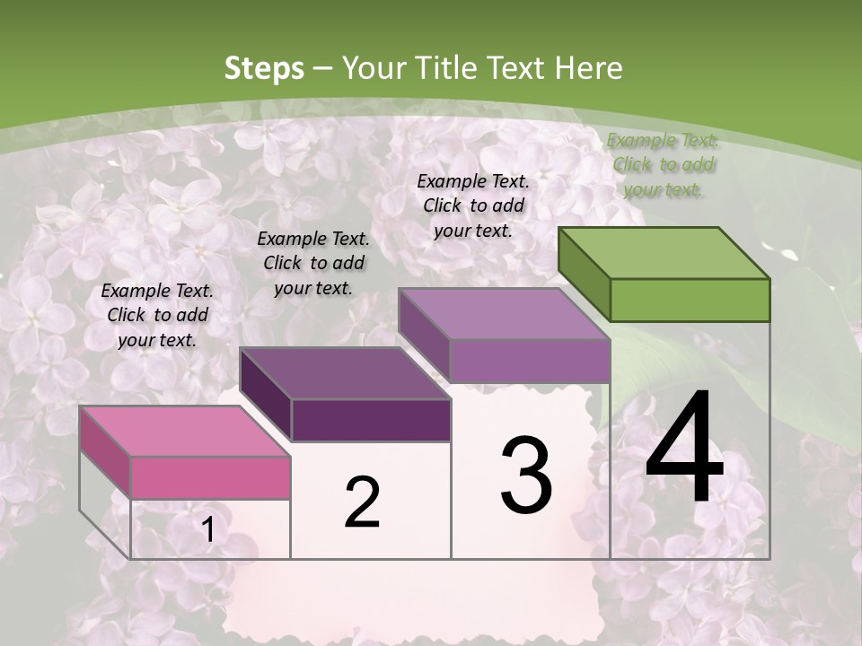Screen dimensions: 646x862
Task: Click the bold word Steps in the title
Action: pyautogui.click(x=264, y=68)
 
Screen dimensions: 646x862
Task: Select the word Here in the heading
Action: pyautogui.click(x=588, y=68)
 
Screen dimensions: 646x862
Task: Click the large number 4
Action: pyautogui.click(x=684, y=449)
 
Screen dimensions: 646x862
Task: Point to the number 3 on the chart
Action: pyautogui.click(x=526, y=475)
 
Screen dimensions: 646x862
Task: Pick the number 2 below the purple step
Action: pyautogui.click(x=362, y=502)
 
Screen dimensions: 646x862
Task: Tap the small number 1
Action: pyautogui.click(x=207, y=530)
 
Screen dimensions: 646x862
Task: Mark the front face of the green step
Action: pyautogui.click(x=690, y=300)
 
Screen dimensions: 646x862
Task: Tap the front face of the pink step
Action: pyautogui.click(x=210, y=477)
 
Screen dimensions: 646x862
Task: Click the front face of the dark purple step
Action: pyautogui.click(x=371, y=420)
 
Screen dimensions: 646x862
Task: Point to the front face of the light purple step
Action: pyautogui.click(x=530, y=361)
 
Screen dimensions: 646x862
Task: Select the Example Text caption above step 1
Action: pyautogui.click(x=157, y=315)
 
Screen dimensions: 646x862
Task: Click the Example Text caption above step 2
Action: pyautogui.click(x=313, y=263)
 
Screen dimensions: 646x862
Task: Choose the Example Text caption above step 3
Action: pyautogui.click(x=473, y=205)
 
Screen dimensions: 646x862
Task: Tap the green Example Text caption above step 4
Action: pyautogui.click(x=664, y=164)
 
